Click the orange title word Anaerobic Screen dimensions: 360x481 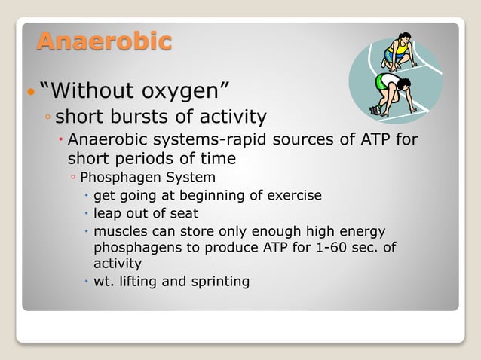tap(104, 41)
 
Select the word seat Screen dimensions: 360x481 tap(183, 213)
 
